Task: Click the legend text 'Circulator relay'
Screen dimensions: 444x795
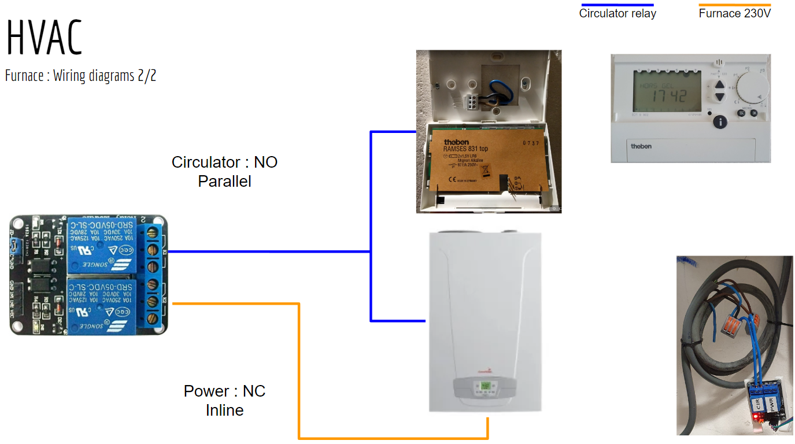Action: [x=617, y=13]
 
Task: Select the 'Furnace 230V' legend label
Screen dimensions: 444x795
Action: [x=734, y=13]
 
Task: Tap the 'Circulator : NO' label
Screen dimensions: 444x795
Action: [x=224, y=162]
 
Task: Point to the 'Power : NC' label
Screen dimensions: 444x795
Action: [x=224, y=391]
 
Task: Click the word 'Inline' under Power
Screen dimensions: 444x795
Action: [x=224, y=410]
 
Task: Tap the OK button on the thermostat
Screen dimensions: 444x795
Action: [x=754, y=113]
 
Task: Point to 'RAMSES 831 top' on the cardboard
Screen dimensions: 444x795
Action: [x=465, y=149]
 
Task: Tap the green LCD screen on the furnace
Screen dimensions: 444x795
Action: [x=485, y=386]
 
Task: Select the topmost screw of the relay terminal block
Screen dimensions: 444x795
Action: [x=154, y=233]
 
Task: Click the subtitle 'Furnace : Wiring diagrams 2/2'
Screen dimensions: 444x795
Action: [x=80, y=76]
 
